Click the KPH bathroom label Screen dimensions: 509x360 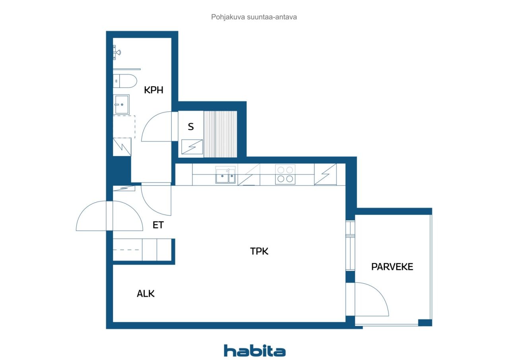pos(153,90)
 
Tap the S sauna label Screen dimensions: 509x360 pos(190,127)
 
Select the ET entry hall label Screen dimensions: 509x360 pos(158,225)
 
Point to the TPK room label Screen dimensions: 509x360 pos(259,251)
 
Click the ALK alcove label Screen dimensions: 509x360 pos(146,294)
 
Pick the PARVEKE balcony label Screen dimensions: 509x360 pos(392,267)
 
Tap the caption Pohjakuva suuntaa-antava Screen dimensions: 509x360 pos(254,17)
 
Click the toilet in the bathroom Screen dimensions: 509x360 pos(125,81)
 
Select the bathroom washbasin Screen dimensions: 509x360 pos(121,105)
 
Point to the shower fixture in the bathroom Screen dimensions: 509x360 pos(117,52)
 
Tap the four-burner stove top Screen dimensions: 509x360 pos(285,174)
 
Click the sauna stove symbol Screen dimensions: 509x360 pos(192,147)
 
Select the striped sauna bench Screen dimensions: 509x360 pos(220,134)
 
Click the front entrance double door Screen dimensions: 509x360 pos(109,216)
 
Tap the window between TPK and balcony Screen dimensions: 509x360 pos(350,246)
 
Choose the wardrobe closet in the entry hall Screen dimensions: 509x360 pos(142,250)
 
